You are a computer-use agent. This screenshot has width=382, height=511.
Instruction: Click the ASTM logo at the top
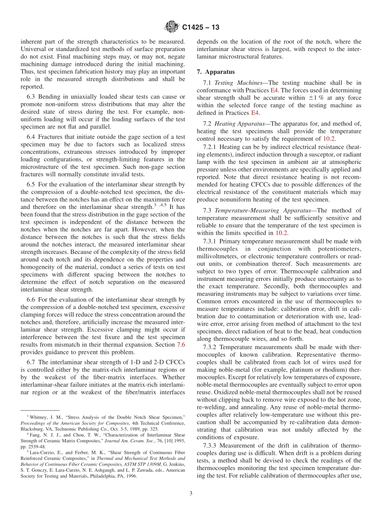pyautogui.click(x=172, y=27)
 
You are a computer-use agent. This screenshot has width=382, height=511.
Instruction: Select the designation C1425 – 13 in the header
pyautogui.click(x=201, y=28)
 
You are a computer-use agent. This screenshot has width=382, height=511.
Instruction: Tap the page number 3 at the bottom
pyautogui.click(x=191, y=494)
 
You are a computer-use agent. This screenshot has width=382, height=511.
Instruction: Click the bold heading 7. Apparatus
pyautogui.click(x=216, y=72)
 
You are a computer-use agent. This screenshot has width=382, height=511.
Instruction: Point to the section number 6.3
pyautogui.click(x=31, y=96)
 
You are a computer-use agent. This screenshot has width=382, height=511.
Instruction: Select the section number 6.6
pyautogui.click(x=31, y=300)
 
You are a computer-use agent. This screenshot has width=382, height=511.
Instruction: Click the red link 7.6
pyautogui.click(x=181, y=345)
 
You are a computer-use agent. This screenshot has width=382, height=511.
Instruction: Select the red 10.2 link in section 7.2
pyautogui.click(x=329, y=139)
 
